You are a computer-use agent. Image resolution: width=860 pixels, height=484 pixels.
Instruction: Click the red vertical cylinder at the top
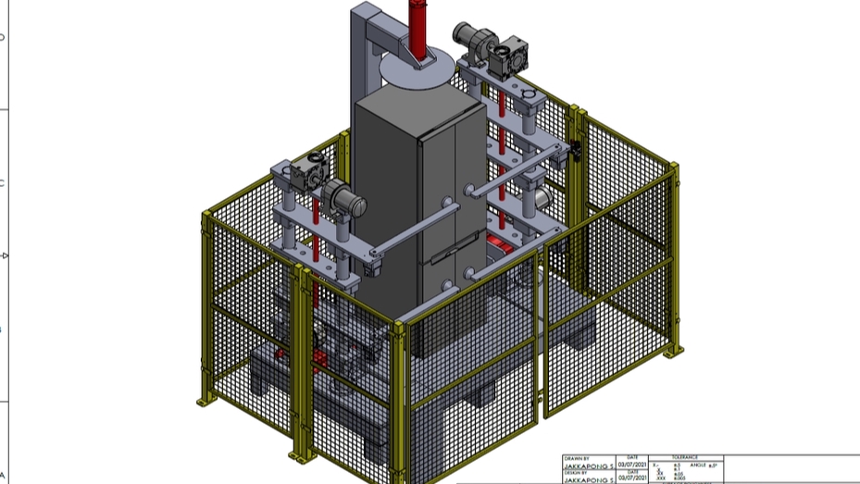tap(419, 28)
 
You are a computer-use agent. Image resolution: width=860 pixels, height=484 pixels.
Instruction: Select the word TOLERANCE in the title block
tap(684, 457)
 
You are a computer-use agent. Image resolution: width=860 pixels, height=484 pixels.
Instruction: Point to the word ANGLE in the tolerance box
tap(692, 465)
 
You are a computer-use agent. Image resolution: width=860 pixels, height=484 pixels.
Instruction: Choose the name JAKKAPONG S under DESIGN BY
tap(589, 480)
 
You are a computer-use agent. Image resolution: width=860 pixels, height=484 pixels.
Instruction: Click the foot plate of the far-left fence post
tap(203, 403)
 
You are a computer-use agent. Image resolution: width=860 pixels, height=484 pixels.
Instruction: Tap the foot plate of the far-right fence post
tap(676, 353)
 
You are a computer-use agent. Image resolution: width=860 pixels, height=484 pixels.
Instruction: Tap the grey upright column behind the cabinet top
tap(362, 56)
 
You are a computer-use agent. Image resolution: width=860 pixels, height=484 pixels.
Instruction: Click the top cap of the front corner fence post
tap(401, 326)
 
